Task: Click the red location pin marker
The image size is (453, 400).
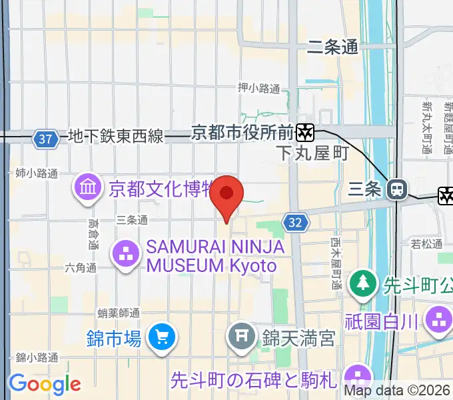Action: pyautogui.click(x=226, y=195)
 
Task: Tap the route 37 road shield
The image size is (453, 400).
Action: pyautogui.click(x=45, y=139)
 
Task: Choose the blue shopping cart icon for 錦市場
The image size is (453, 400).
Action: pyautogui.click(x=161, y=337)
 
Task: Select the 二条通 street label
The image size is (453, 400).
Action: pyautogui.click(x=332, y=47)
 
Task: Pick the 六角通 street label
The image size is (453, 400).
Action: pyautogui.click(x=81, y=268)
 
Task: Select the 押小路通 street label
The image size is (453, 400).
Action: pyautogui.click(x=258, y=88)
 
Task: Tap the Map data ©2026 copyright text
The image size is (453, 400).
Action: pyautogui.click(x=398, y=391)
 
